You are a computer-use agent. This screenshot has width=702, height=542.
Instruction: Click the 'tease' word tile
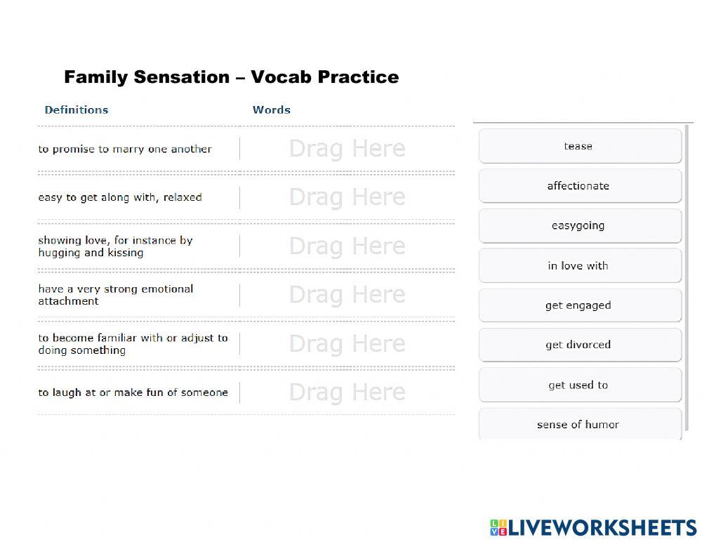click(581, 146)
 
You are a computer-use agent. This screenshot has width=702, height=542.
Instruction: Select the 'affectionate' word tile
click(581, 185)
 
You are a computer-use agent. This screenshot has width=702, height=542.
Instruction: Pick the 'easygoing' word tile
click(581, 225)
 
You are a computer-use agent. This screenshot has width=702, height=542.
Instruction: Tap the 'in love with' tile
click(581, 265)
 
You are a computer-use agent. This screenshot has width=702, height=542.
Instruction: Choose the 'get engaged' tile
click(581, 305)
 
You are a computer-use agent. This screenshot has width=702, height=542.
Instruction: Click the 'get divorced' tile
click(581, 345)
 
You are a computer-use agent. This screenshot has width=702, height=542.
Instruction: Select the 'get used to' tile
click(581, 385)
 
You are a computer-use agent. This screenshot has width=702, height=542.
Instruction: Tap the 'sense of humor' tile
click(581, 424)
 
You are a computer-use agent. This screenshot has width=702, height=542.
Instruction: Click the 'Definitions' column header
click(77, 110)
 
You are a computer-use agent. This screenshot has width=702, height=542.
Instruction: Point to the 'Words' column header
click(271, 110)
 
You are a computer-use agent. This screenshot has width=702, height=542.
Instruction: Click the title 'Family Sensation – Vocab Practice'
click(232, 77)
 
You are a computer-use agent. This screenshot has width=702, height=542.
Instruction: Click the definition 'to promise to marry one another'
click(125, 149)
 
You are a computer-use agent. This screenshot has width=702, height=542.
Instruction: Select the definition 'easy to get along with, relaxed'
click(120, 197)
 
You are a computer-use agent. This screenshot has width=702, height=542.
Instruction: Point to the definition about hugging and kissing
click(116, 246)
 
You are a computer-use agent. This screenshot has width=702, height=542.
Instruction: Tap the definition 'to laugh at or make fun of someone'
click(133, 392)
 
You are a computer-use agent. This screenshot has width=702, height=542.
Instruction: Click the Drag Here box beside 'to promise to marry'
click(347, 149)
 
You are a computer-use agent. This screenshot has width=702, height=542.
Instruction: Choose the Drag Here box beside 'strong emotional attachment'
click(347, 295)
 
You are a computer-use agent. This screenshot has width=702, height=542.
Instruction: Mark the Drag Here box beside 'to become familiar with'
click(347, 344)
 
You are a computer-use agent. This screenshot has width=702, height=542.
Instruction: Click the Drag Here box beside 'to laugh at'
click(347, 392)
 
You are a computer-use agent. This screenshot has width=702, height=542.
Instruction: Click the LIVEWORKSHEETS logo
click(593, 528)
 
